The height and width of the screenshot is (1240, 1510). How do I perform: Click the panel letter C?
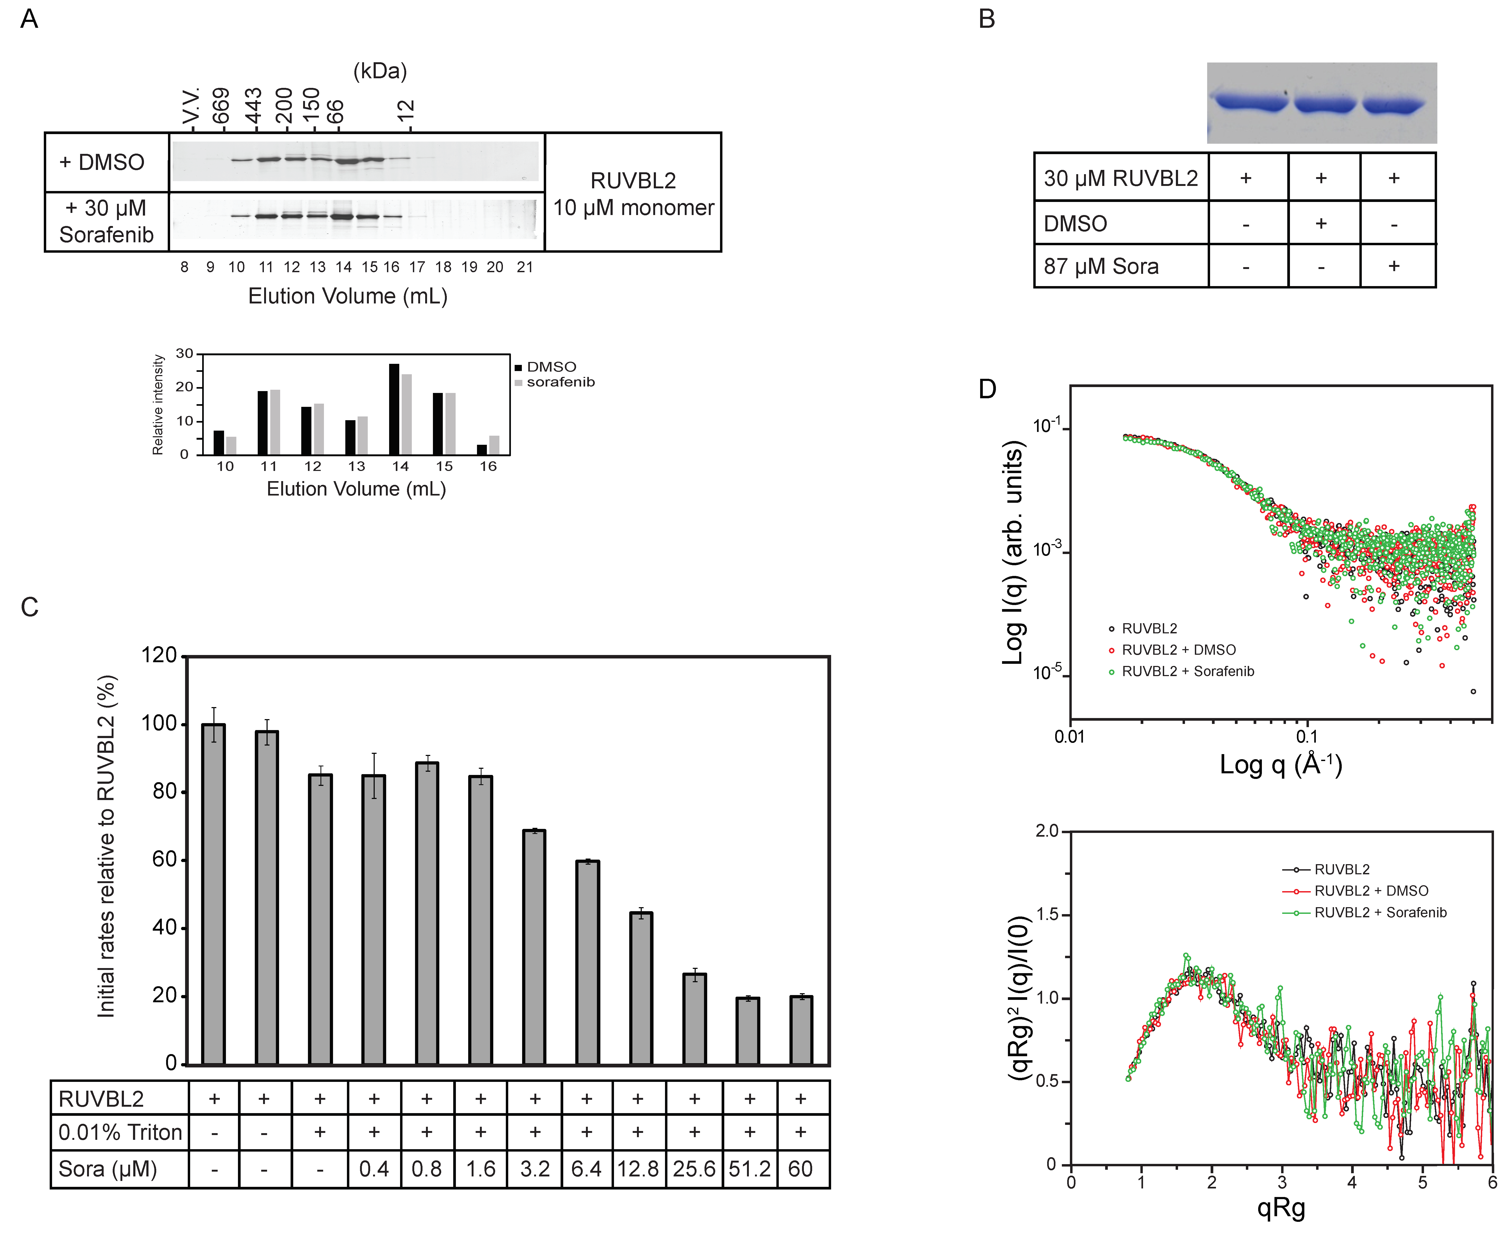tap(29, 607)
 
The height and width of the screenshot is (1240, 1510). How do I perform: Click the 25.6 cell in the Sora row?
tap(694, 1169)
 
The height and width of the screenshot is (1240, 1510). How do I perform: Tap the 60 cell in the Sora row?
tap(800, 1169)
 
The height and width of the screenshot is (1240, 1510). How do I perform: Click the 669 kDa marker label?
tap(221, 106)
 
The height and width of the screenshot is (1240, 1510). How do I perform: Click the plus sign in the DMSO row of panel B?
tap(1321, 224)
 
